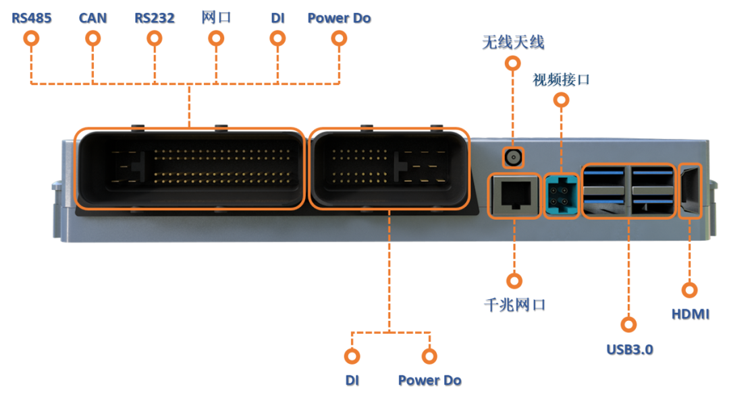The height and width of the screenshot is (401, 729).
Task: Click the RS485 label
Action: [x=31, y=18]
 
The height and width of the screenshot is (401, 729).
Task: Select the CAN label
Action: [x=92, y=18]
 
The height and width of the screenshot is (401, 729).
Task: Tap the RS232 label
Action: [x=154, y=18]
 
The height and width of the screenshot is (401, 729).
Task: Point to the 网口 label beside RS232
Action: [x=216, y=18]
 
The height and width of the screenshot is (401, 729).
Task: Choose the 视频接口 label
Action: [x=561, y=80]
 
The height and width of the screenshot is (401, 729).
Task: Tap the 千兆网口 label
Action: [x=514, y=305]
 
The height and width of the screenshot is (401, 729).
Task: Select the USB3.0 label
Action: [x=629, y=349]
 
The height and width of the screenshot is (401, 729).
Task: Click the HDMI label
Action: [x=690, y=314]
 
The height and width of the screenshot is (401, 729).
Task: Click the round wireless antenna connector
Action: [x=513, y=159]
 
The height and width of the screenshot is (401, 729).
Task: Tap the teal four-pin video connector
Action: [x=561, y=196]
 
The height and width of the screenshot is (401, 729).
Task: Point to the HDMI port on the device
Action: [x=689, y=191]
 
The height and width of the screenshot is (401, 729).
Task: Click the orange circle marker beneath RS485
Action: [x=31, y=38]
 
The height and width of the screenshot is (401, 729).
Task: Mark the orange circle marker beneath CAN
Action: [x=92, y=38]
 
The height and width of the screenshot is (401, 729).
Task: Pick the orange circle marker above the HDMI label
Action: [x=689, y=290]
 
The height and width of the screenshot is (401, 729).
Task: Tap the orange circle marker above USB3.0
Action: [x=629, y=324]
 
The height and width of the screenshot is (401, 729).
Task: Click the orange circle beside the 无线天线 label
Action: [x=513, y=64]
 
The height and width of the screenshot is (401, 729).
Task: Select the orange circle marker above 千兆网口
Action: [x=514, y=280]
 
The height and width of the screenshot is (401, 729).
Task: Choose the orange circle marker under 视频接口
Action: [x=561, y=100]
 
